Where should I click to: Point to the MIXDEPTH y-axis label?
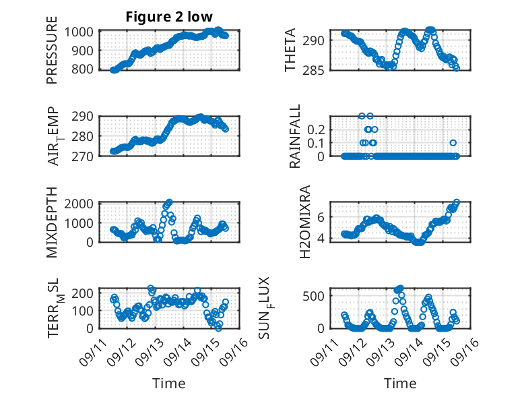(52, 222)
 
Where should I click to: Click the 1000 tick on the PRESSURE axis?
(84, 32)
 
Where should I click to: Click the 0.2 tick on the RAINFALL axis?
(317, 129)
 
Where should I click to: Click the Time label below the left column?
(169, 384)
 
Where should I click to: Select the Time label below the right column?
(400, 384)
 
